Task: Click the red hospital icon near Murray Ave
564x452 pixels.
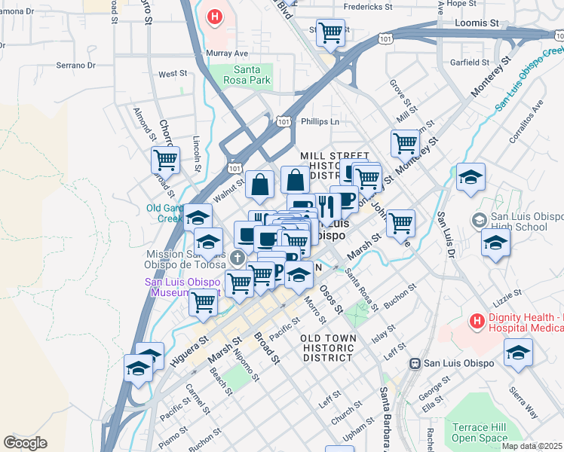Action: pyautogui.click(x=216, y=17)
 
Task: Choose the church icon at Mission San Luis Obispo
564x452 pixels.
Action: pyautogui.click(x=238, y=258)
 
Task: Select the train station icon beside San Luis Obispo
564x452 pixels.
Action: pyautogui.click(x=414, y=363)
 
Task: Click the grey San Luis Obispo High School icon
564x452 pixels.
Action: pyautogui.click(x=477, y=220)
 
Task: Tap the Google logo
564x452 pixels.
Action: pyautogui.click(x=25, y=442)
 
